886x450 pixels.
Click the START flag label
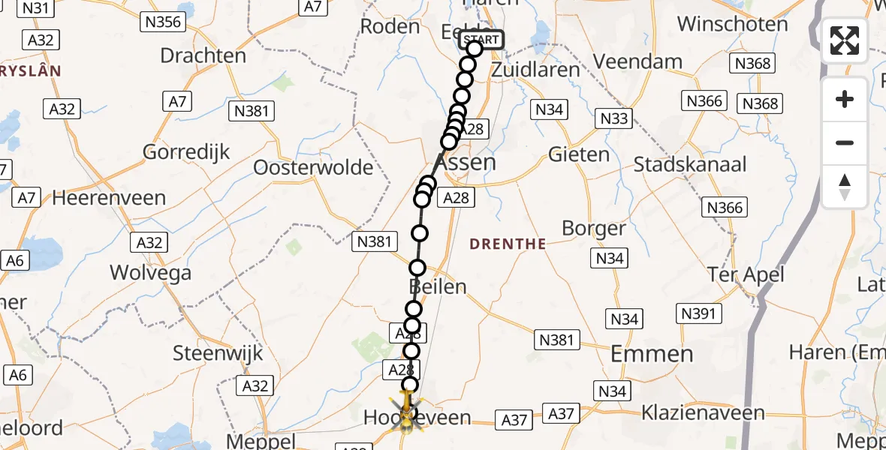[481, 40]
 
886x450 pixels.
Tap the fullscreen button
[845, 40]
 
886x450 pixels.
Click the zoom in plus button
[845, 99]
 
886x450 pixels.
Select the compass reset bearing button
[845, 187]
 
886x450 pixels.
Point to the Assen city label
[465, 162]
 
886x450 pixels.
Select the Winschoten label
[732, 23]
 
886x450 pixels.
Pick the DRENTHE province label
[508, 244]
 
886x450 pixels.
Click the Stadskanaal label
[690, 164]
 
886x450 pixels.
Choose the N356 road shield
[163, 22]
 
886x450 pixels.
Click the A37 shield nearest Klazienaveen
[562, 414]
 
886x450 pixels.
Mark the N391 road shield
[697, 313]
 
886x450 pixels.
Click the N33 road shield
[613, 118]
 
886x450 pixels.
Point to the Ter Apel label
[745, 274]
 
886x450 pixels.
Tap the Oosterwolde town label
[313, 166]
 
